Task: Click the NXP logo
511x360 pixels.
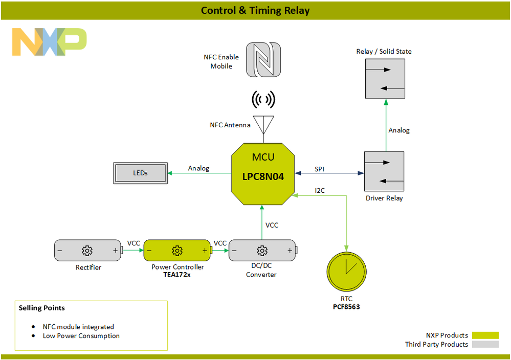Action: [50, 42]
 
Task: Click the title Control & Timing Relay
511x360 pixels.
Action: [255, 10]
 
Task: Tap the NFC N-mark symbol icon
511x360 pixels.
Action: [263, 60]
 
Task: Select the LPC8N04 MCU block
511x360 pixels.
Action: [263, 174]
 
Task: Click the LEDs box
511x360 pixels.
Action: [141, 173]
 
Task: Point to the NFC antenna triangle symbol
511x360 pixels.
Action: [263, 124]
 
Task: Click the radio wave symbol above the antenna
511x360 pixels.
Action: [263, 100]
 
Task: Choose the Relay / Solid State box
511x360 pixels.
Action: [385, 78]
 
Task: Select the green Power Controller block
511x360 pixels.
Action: [177, 250]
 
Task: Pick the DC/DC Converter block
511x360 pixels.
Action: [262, 250]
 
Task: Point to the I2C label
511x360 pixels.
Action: [320, 190]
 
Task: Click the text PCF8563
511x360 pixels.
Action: [346, 307]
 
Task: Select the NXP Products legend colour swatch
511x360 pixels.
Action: [485, 335]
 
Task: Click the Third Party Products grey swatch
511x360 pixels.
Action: [485, 345]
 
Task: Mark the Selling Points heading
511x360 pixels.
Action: [41, 308]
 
